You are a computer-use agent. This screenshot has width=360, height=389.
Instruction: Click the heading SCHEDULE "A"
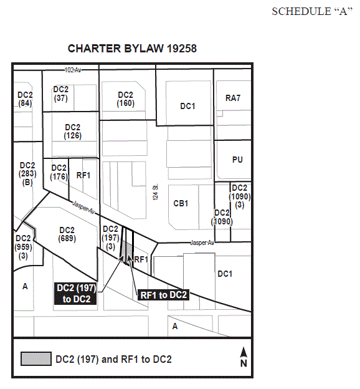(x=312, y=12)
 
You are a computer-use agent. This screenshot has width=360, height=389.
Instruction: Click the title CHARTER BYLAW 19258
(x=132, y=49)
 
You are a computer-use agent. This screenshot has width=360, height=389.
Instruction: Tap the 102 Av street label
(x=73, y=70)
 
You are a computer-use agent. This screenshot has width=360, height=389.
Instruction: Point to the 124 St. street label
(x=156, y=192)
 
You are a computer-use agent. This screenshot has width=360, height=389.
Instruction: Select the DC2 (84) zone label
(x=25, y=99)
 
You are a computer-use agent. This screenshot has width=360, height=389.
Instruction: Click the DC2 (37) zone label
(x=61, y=94)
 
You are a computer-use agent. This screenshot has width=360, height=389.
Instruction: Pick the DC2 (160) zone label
(x=125, y=99)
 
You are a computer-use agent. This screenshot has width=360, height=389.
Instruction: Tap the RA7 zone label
(x=233, y=98)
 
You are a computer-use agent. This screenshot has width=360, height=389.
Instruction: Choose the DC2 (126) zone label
(x=73, y=132)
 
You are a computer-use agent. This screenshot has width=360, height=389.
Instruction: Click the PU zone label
(x=237, y=160)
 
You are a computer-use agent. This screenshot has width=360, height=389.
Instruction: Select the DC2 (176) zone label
(x=59, y=172)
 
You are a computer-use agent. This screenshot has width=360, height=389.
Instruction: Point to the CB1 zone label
(x=181, y=203)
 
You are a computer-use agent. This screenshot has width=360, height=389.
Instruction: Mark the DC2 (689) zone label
(x=67, y=234)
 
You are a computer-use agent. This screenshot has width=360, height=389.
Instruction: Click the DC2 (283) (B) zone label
(x=27, y=174)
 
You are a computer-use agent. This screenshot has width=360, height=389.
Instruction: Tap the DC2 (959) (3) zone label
(x=23, y=247)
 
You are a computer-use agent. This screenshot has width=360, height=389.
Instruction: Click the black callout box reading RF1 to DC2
(x=163, y=295)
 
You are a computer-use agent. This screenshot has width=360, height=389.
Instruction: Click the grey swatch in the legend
(x=36, y=358)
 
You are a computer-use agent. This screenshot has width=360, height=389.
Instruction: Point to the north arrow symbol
(x=244, y=357)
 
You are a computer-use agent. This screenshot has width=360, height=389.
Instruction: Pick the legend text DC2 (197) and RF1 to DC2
(x=113, y=359)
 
